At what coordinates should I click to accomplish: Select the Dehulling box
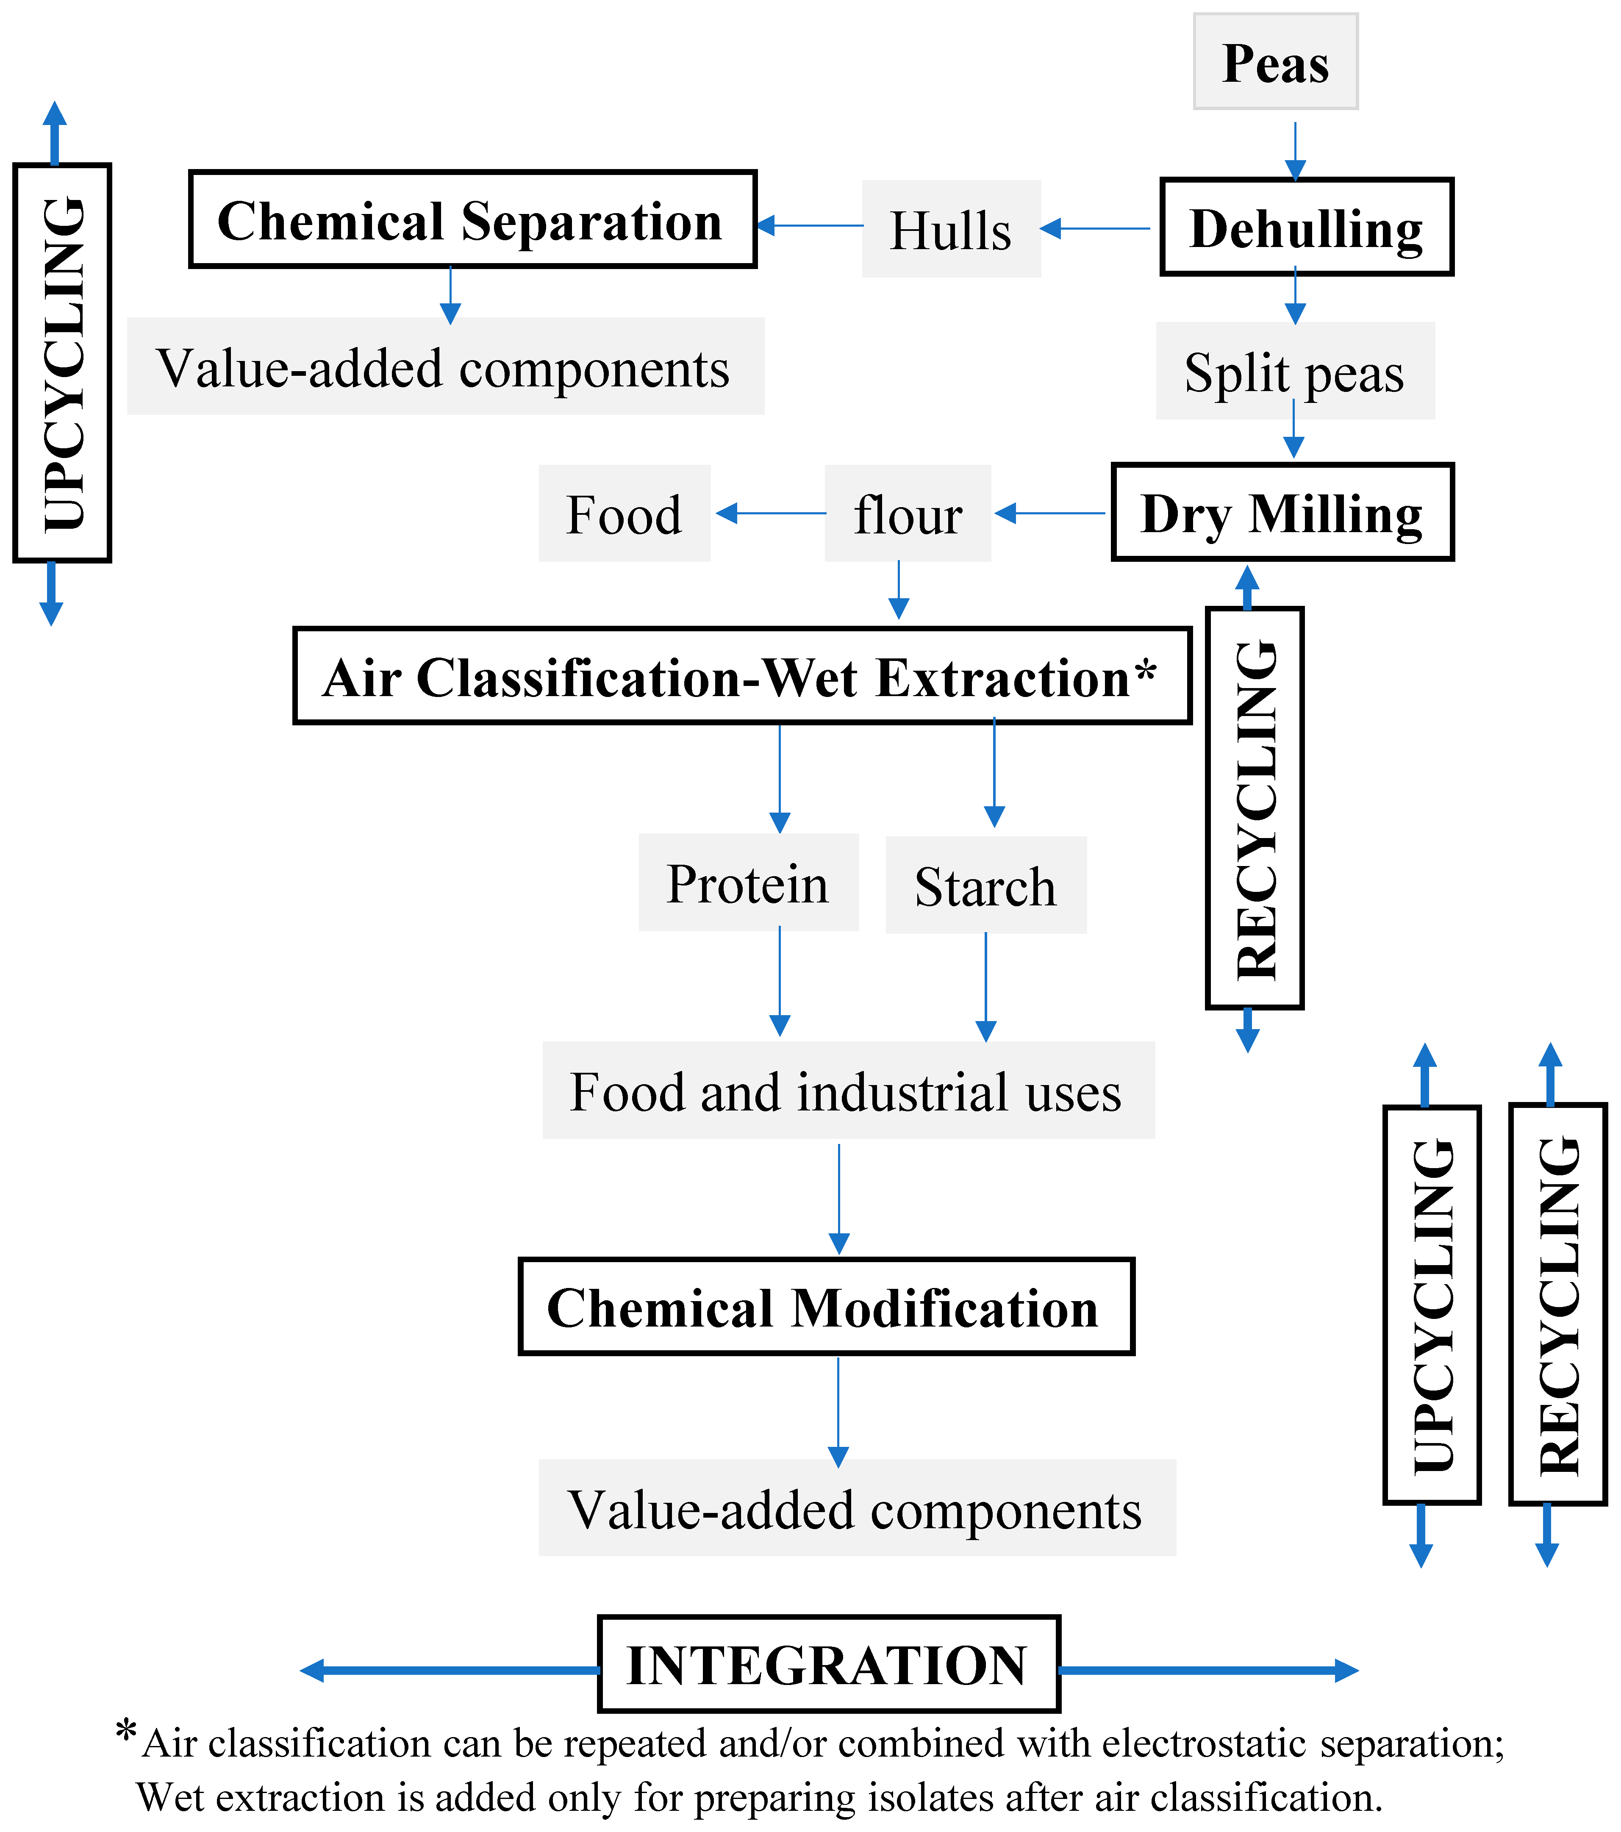coord(1307,227)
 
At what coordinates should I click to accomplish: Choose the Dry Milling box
coord(1282,512)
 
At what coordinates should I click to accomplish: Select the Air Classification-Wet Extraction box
coord(742,676)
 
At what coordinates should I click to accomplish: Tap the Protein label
coord(748,883)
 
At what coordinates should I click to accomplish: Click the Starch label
coord(985,885)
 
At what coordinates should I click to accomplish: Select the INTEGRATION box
coord(829,1664)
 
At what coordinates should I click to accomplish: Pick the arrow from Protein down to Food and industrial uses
coord(780,981)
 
